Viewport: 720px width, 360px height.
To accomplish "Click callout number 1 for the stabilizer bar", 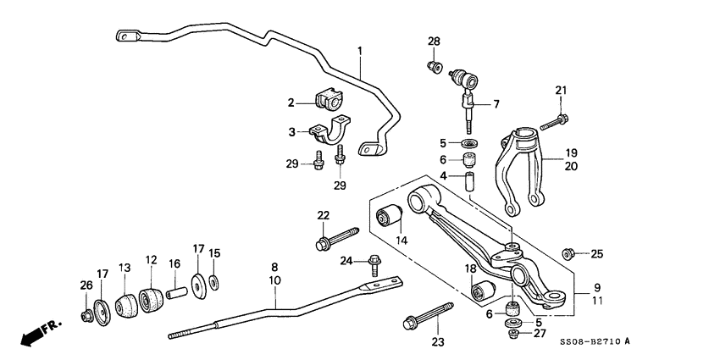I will tap(359, 52).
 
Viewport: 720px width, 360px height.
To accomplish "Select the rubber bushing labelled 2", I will tap(328, 100).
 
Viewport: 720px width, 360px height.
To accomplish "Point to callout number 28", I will tap(435, 42).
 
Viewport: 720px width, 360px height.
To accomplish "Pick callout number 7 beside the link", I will tap(496, 104).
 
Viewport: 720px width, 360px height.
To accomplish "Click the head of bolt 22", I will tap(323, 245).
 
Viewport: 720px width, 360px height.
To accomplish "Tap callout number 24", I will tap(346, 260).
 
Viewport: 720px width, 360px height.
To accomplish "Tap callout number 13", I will tap(125, 267).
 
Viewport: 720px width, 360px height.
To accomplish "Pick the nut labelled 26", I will tap(86, 316).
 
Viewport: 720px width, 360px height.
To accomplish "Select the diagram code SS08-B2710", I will tap(592, 341).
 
